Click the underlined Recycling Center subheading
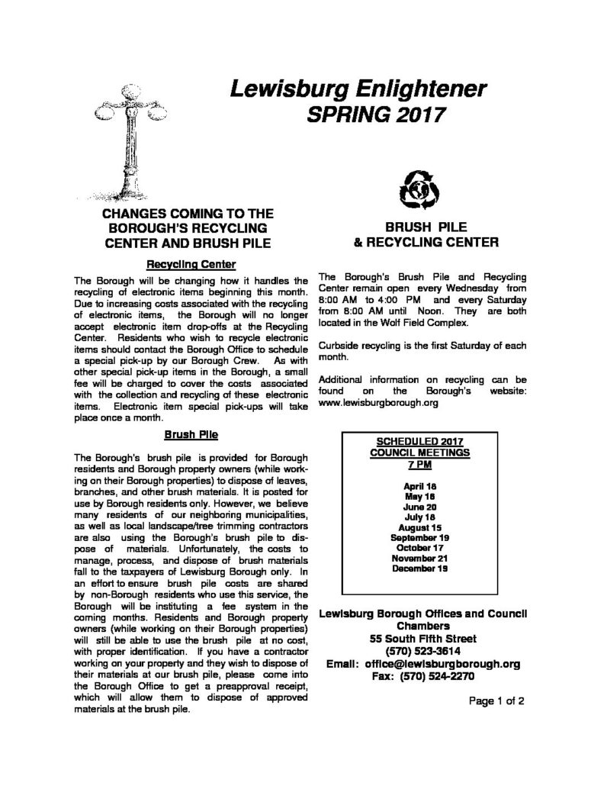point(191,264)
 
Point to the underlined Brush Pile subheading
point(191,436)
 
